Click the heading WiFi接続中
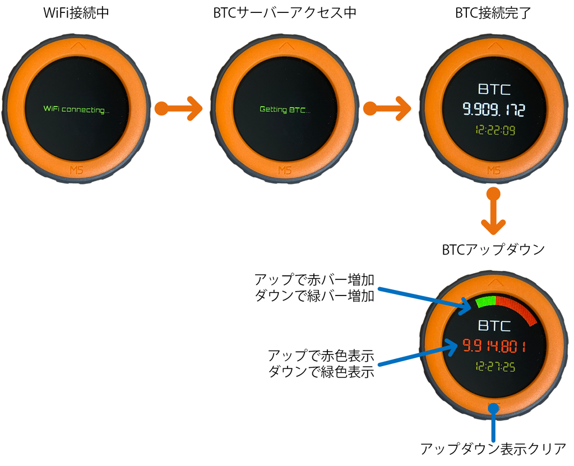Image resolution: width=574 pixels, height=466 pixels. click(x=76, y=13)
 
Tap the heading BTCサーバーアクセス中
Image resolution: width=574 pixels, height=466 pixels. click(x=285, y=13)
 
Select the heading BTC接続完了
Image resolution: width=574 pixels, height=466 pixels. click(x=493, y=13)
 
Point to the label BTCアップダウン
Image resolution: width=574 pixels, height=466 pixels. click(x=493, y=250)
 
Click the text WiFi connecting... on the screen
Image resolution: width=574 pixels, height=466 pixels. click(x=76, y=109)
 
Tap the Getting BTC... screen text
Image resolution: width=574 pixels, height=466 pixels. click(x=285, y=109)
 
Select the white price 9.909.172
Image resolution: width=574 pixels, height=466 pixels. click(x=494, y=109)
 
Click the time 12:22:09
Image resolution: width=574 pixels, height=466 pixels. click(x=495, y=130)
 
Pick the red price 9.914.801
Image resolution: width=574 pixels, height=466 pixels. click(x=494, y=346)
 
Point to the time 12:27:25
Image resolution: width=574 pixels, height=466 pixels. click(x=495, y=366)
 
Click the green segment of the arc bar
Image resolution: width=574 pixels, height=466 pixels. click(x=485, y=302)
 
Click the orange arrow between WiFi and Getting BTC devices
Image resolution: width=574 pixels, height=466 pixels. click(x=178, y=108)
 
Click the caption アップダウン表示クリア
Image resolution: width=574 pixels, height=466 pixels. click(x=493, y=449)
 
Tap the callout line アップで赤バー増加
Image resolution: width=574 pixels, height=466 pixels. click(x=314, y=280)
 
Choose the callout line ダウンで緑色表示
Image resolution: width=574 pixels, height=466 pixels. click(x=321, y=372)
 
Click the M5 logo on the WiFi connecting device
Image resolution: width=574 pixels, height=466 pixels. click(x=76, y=170)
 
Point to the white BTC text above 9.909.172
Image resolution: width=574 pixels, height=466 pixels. click(x=494, y=89)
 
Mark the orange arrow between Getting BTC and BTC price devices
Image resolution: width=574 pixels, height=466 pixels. click(x=387, y=108)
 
